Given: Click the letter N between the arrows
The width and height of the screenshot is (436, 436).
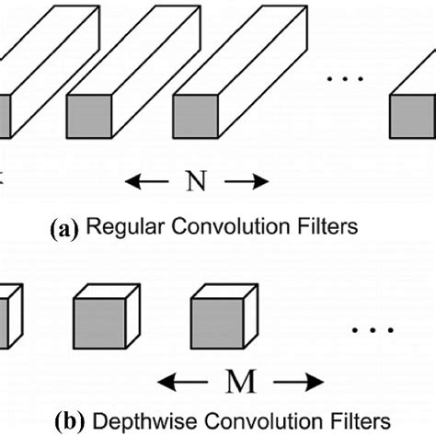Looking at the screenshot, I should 197,181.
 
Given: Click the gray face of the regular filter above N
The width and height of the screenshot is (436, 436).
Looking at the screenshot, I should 195,119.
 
